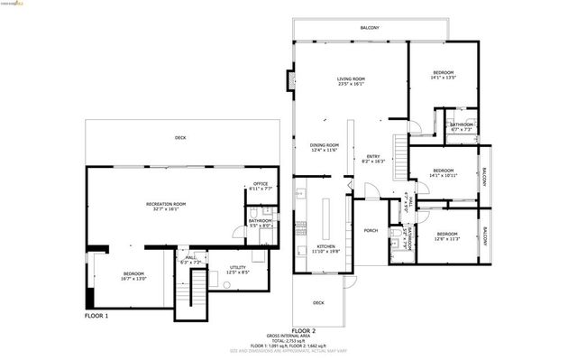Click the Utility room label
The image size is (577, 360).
(x=238, y=268)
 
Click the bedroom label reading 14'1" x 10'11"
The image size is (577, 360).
(x=442, y=172)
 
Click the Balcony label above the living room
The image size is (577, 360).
(x=370, y=28)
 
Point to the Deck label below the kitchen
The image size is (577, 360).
(x=318, y=302)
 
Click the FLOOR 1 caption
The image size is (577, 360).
(x=96, y=316)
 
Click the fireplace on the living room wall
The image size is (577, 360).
(x=289, y=81)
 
